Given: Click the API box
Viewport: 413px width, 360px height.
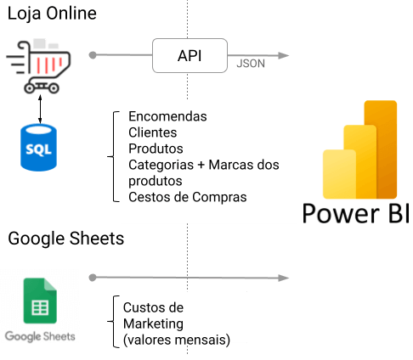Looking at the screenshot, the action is [190, 55].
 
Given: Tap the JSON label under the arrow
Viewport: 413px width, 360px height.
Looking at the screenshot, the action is [251, 64].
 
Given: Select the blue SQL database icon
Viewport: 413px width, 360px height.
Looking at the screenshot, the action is [38, 148].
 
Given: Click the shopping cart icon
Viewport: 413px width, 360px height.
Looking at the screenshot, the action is [38, 65].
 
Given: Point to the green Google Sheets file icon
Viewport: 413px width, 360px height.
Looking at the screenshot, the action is [40, 301].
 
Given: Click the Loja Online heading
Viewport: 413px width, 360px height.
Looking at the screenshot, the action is [52, 14].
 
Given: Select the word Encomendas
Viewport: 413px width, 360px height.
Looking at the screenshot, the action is [167, 116].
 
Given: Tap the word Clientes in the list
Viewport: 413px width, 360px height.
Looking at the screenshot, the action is [153, 132].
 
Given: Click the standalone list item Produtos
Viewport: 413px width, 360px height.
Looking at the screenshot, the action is [156, 149].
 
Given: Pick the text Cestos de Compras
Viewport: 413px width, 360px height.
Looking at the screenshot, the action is [188, 197].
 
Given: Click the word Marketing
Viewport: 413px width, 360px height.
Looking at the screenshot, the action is [153, 324].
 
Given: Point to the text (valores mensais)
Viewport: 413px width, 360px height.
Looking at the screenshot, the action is [177, 340].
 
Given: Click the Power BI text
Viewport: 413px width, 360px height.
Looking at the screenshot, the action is [356, 213].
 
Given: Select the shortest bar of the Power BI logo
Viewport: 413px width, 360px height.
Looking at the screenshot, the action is [339, 174].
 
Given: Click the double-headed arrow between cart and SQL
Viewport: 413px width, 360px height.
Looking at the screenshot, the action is [40, 109].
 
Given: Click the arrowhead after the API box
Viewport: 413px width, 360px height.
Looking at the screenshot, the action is [284, 55].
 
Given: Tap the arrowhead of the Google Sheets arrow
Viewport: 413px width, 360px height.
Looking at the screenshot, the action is [284, 278].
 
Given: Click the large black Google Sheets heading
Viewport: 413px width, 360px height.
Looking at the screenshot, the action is [66, 239].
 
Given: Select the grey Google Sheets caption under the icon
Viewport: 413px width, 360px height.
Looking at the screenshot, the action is [40, 336].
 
